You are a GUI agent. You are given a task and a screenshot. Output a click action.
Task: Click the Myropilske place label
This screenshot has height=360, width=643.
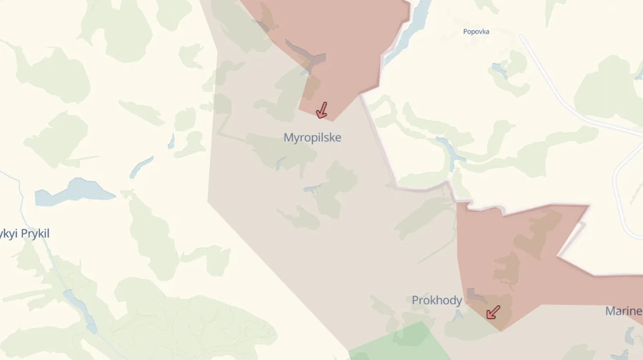[312, 137]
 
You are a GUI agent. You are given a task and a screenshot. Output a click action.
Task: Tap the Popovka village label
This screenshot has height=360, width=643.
[476, 31]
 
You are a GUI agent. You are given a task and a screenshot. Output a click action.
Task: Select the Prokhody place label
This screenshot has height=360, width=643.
[437, 300]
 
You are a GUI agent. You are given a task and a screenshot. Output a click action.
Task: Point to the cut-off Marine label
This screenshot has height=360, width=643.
[623, 311]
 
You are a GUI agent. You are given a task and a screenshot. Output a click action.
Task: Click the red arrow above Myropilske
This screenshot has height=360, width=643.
[321, 109]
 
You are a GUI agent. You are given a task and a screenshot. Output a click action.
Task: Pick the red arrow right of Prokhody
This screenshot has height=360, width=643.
[493, 312]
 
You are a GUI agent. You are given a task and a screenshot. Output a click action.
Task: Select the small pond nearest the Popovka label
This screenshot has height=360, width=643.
[498, 70]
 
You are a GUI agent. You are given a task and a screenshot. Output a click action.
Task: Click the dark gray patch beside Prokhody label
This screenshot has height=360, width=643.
[475, 295]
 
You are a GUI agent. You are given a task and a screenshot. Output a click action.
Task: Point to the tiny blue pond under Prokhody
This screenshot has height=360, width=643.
[458, 315]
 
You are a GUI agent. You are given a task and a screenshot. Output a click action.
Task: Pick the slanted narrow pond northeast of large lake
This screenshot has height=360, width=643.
[141, 167]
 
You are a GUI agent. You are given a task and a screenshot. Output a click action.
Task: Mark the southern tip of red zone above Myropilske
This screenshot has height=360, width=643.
[330, 119]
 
